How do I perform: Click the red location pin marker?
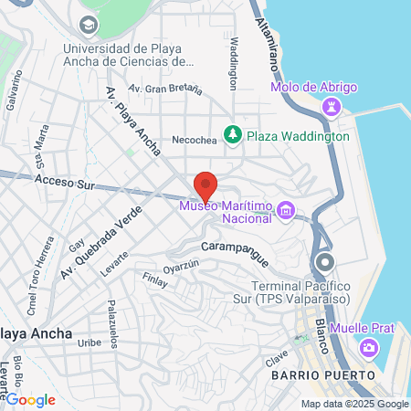pyautogui.click(x=205, y=185)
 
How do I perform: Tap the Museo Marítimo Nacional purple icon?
pyautogui.click(x=286, y=212)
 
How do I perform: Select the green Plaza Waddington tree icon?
pyautogui.click(x=233, y=135)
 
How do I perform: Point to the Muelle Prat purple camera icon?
pyautogui.click(x=368, y=347)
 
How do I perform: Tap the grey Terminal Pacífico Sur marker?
pyautogui.click(x=324, y=265)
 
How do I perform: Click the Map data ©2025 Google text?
pyautogui.click(x=355, y=404)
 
